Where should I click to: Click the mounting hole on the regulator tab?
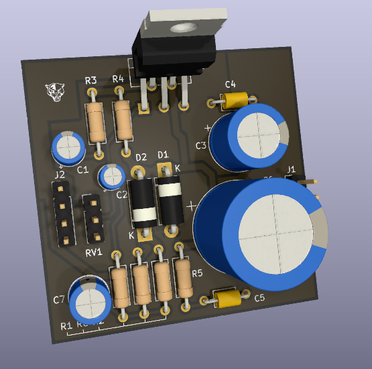pyautogui.click(x=180, y=28)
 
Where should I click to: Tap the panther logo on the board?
pyautogui.click(x=54, y=92)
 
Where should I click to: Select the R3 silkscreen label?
pyautogui.click(x=91, y=81)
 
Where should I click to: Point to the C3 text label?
pyautogui.click(x=201, y=145)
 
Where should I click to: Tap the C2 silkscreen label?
pyautogui.click(x=122, y=195)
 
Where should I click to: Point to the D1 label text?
pyautogui.click(x=162, y=155)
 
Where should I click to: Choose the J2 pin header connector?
pyautogui.click(x=62, y=214)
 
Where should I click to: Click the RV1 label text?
pyautogui.click(x=92, y=252)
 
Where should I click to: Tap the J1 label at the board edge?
pyautogui.click(x=291, y=168)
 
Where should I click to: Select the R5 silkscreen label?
pyautogui.click(x=196, y=273)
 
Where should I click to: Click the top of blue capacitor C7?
pyautogui.click(x=90, y=301)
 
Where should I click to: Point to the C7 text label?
pyautogui.click(x=59, y=299)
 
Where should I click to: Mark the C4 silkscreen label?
pyautogui.click(x=230, y=84)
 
